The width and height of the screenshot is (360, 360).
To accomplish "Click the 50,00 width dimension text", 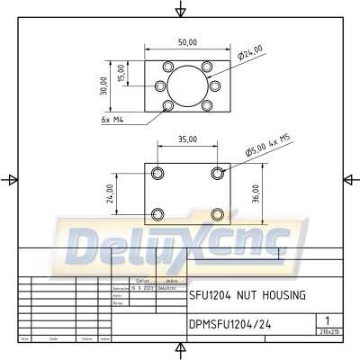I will point(187,42).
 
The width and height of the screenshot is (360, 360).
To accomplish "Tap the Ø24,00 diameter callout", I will point(249,53).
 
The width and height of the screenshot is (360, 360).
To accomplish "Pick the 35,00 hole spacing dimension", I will point(187,140).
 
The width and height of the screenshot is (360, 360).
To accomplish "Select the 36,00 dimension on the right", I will point(256,193).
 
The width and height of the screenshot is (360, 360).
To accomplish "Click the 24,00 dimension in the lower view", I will point(110,193).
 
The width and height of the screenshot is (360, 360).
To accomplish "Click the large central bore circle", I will point(187,85).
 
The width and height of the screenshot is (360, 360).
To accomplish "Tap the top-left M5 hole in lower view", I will point(158,173).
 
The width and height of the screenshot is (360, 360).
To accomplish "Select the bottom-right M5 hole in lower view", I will point(217,214).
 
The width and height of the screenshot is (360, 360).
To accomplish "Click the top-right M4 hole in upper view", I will point(207,67).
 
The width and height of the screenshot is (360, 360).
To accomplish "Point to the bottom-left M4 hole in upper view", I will point(168,106).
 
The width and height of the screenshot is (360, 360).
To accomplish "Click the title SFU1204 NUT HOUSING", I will point(247,294).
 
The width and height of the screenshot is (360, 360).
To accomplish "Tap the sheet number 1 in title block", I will point(328,319).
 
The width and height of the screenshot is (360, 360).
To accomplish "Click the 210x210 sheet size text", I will point(328,331).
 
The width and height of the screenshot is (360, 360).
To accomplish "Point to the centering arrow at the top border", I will point(181,10).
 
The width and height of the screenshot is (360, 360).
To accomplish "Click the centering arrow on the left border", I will point(10,179).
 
